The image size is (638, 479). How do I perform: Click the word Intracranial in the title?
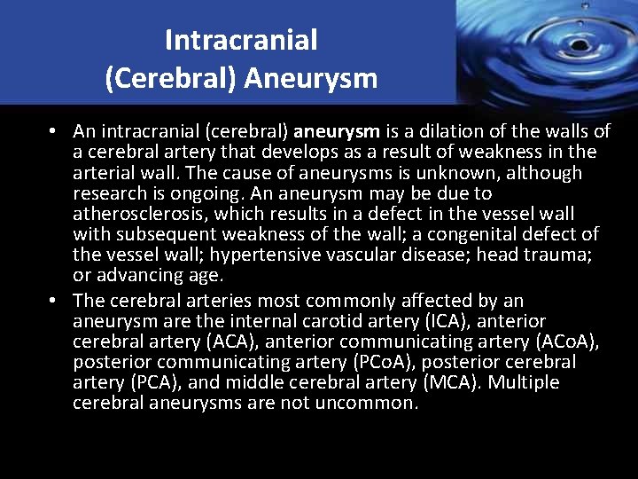coord(241,41)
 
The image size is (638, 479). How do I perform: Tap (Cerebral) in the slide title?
coord(171,79)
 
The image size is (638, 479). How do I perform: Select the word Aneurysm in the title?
coord(311,79)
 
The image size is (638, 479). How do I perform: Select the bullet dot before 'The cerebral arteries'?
coord(54,301)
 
